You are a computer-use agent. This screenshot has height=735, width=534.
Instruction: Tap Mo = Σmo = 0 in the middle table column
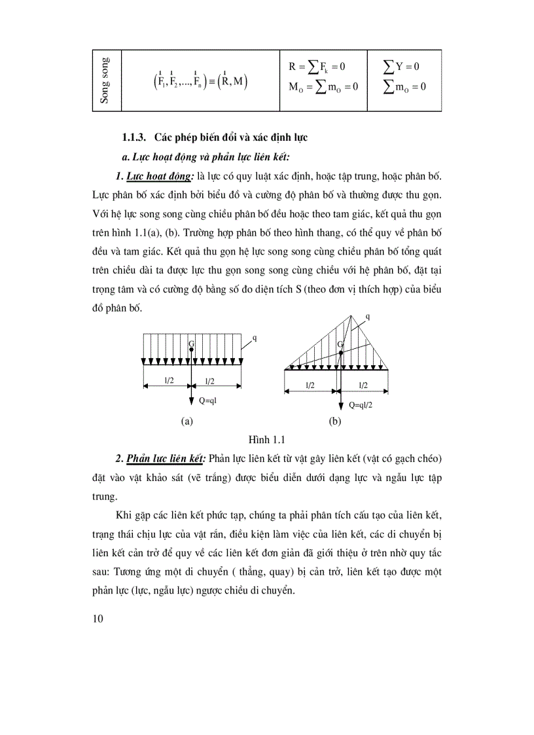click(x=323, y=87)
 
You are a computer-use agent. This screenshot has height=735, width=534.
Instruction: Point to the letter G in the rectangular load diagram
click(x=190, y=343)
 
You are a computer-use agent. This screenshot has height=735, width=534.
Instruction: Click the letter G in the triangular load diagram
click(x=340, y=344)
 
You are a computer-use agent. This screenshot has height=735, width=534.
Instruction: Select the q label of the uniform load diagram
click(x=254, y=338)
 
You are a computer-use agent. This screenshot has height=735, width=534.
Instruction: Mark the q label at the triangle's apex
click(x=367, y=315)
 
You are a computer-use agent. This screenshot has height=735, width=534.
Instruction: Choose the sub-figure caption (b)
click(x=334, y=422)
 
